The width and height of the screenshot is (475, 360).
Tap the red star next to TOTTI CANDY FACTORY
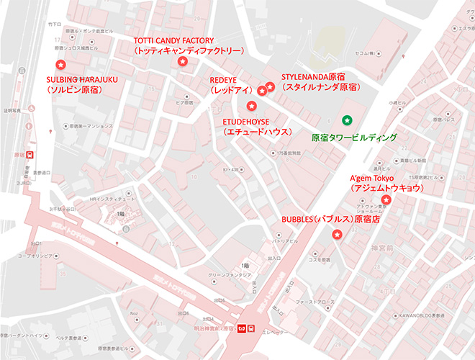[x=182, y=63]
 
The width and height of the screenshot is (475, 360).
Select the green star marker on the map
[x=347, y=120]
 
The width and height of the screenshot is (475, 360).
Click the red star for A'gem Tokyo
[x=386, y=199]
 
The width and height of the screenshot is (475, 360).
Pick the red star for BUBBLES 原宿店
[x=337, y=235]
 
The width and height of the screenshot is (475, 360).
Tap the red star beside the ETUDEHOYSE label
[x=250, y=107]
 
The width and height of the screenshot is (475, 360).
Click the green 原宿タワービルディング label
[x=354, y=137]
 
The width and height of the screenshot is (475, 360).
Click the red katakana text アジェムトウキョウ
[x=386, y=188]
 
